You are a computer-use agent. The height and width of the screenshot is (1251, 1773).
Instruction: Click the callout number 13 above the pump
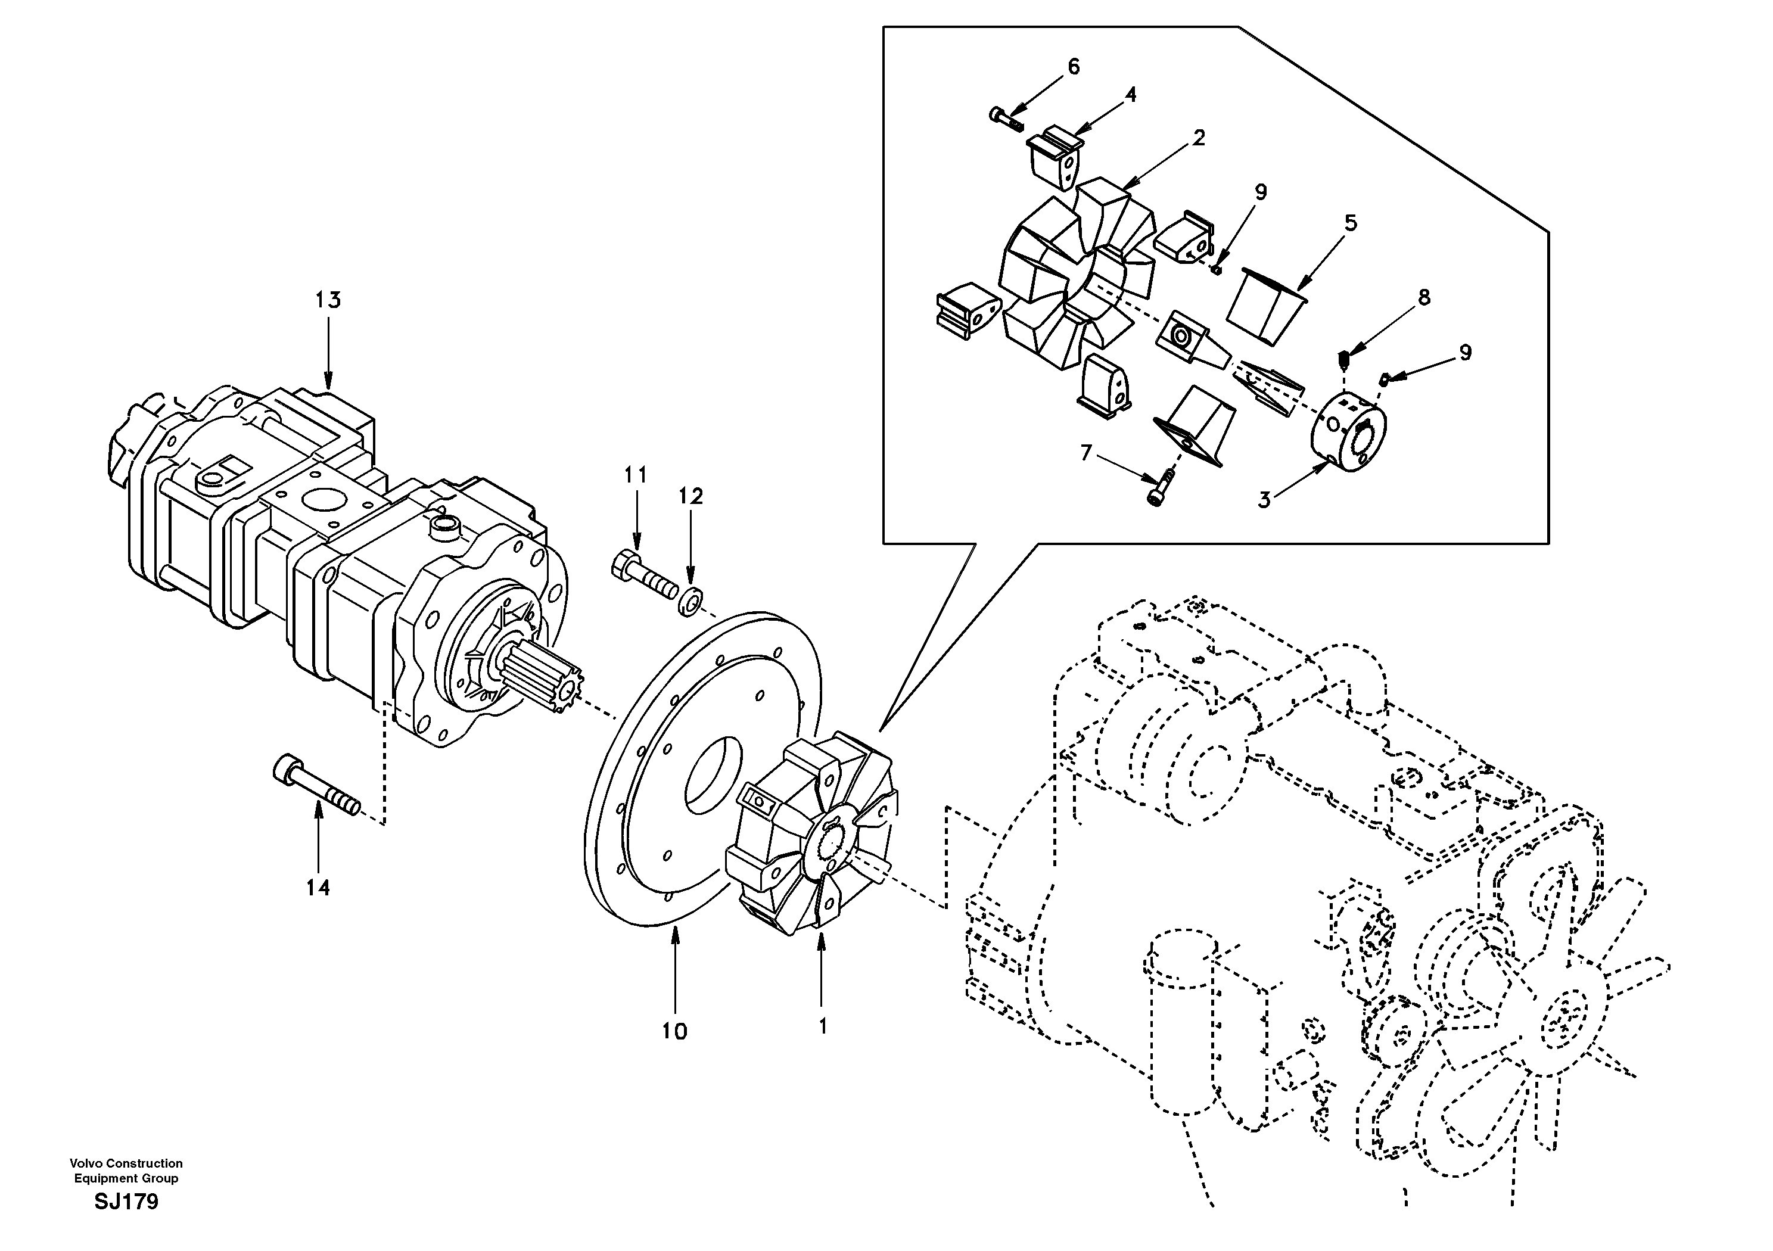coord(328,300)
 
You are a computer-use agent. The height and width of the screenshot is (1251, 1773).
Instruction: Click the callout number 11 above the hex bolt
coord(636,475)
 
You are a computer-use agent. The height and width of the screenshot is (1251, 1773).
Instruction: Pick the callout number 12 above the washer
coord(691,497)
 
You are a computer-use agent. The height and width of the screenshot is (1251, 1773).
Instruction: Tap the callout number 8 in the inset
coord(1423,297)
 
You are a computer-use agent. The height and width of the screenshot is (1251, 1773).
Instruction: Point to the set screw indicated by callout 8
coord(1343,360)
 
